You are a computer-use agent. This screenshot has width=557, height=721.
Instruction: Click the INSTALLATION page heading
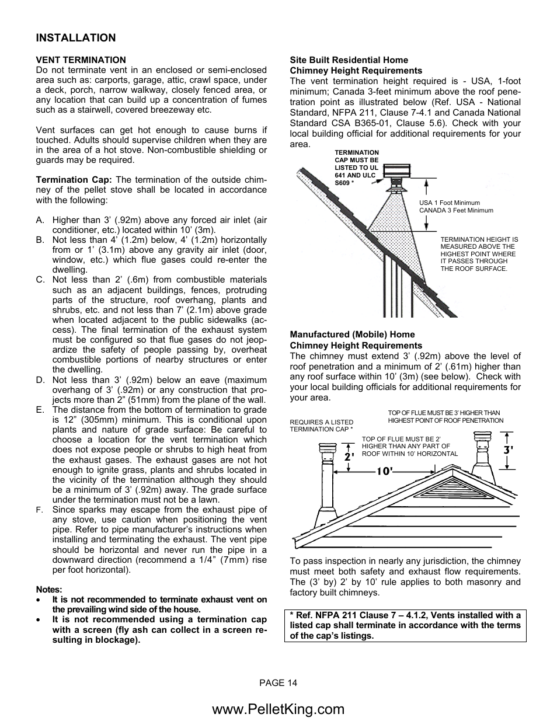coord(76,38)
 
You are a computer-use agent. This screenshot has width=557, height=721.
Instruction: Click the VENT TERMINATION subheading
coord(81,60)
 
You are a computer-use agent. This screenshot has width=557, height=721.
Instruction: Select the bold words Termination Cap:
coord(74,180)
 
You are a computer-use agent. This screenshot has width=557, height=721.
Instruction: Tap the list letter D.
coord(40,380)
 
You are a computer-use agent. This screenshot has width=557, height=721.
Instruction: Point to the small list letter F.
coord(39,510)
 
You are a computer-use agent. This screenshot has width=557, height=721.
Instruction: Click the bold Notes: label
coord(49,590)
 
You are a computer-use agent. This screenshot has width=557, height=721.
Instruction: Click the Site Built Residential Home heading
coord(349,60)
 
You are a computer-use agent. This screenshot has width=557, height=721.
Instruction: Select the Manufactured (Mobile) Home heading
coord(352,335)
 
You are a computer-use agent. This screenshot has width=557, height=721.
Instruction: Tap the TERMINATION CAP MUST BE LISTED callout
coord(356,168)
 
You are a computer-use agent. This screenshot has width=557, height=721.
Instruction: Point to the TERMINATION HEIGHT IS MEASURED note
coord(479,254)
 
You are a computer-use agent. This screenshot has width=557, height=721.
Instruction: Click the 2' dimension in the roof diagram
coord(350,458)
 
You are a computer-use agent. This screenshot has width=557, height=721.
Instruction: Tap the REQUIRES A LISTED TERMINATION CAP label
coord(321,426)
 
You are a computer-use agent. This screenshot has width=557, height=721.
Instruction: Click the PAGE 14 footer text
coord(278,682)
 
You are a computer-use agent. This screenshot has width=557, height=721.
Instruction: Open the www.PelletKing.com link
coord(278,709)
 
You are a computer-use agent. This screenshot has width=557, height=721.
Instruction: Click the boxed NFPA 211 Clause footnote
coord(405,625)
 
